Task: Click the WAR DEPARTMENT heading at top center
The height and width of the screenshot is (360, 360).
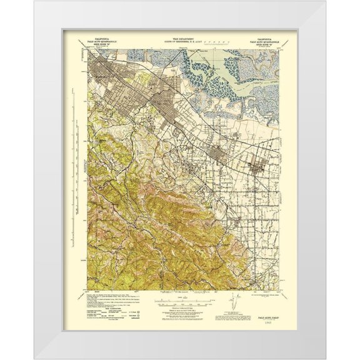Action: (181, 37)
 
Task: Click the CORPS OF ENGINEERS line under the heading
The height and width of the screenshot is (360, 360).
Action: (181, 41)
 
